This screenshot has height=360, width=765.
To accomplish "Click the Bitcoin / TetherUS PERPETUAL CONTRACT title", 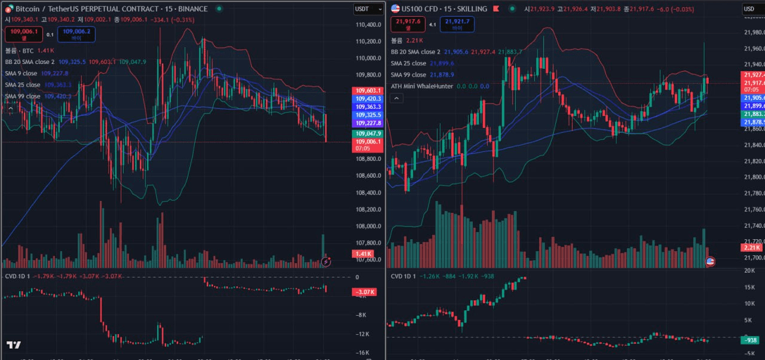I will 111,9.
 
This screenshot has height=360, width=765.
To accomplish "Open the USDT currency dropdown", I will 368,9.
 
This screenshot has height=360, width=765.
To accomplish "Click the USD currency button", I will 750,9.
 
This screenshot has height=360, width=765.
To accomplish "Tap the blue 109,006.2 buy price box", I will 76,34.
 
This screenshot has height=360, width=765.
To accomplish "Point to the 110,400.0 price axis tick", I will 368,25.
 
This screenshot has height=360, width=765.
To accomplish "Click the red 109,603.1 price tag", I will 368,90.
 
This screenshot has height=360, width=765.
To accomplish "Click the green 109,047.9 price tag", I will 368,133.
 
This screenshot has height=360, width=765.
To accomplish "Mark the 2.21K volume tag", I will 751,248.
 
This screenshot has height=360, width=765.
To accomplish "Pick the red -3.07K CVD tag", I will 363,292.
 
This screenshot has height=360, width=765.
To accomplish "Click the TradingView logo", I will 14,345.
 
